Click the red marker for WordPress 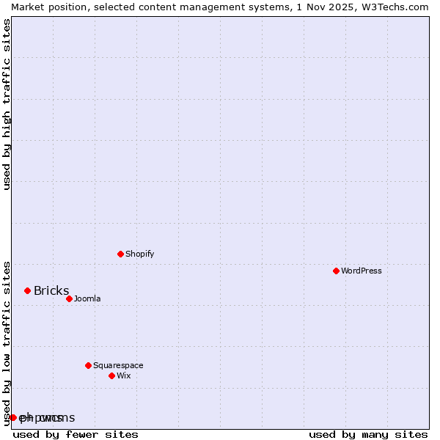(x=336, y=271)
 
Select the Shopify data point (x=120, y=254)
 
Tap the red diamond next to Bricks (x=28, y=290)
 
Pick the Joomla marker (x=69, y=298)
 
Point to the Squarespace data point (x=88, y=365)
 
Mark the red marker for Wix (x=111, y=375)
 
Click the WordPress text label (x=362, y=271)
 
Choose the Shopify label (x=139, y=254)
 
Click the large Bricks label (x=51, y=290)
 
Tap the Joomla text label (x=87, y=298)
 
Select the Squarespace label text (x=118, y=365)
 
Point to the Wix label (x=124, y=375)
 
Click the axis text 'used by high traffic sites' (x=7, y=104)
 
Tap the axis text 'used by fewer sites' (x=76, y=434)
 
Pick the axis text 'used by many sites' (x=368, y=434)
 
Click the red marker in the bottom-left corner (x=13, y=417)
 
